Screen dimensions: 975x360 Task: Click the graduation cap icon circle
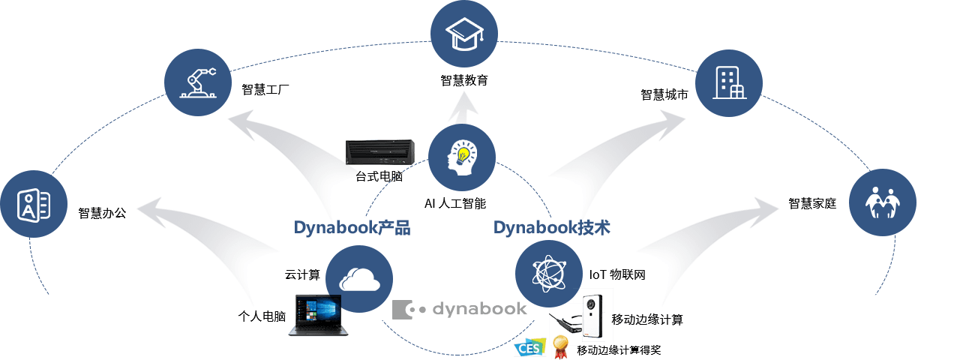pyautogui.click(x=464, y=34)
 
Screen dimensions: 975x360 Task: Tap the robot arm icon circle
pyautogui.click(x=198, y=82)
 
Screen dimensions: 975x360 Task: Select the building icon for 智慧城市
pyautogui.click(x=729, y=82)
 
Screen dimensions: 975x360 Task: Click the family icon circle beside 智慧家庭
pyautogui.click(x=883, y=202)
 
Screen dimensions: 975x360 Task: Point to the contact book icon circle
pyautogui.click(x=34, y=204)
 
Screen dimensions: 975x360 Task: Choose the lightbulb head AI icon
pyautogui.click(x=462, y=157)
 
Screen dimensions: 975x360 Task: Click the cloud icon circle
pyautogui.click(x=359, y=279)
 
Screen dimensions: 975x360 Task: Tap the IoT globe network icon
pyautogui.click(x=549, y=274)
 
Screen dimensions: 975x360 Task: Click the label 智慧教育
pyautogui.click(x=464, y=80)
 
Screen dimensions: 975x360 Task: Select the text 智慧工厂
pyautogui.click(x=265, y=90)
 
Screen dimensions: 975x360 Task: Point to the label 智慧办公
pyautogui.click(x=102, y=213)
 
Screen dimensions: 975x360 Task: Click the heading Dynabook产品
pyautogui.click(x=352, y=228)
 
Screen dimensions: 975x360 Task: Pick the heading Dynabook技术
pyautogui.click(x=552, y=228)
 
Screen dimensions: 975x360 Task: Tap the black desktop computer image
pyautogui.click(x=380, y=152)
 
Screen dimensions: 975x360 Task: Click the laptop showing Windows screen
pyautogui.click(x=318, y=316)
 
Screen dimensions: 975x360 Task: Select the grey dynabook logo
pyautogui.click(x=459, y=310)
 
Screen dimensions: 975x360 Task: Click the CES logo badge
pyautogui.click(x=530, y=347)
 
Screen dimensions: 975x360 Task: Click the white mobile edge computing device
pyautogui.click(x=592, y=316)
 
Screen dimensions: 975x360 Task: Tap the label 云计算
pyautogui.click(x=302, y=274)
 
